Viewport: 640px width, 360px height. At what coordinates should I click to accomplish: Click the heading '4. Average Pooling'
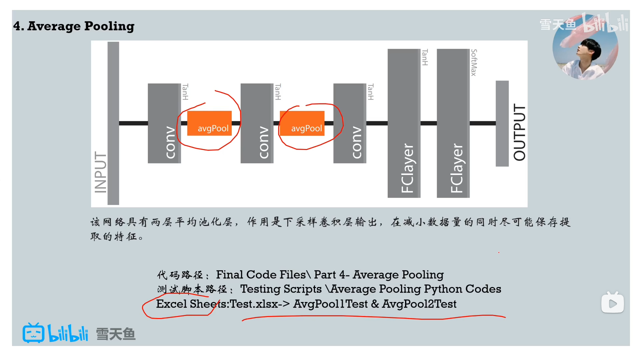(74, 26)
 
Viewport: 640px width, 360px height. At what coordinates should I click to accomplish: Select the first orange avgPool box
(209, 123)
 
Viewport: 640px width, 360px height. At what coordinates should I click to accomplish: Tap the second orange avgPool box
(302, 123)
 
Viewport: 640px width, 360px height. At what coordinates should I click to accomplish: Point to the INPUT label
(100, 172)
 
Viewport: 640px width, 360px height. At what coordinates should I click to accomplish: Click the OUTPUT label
(519, 132)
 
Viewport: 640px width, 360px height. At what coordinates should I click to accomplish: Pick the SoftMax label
(474, 62)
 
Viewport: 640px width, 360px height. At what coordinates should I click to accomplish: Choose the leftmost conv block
(164, 123)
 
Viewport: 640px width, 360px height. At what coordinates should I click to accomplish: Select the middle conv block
(257, 123)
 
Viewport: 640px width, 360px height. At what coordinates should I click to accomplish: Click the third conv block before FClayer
(349, 123)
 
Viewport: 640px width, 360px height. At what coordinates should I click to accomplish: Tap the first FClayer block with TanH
(404, 123)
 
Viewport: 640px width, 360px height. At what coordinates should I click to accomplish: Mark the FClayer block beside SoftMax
(453, 123)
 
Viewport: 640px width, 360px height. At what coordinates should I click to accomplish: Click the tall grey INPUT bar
(113, 123)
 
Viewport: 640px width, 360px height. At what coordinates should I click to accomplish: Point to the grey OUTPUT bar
(502, 123)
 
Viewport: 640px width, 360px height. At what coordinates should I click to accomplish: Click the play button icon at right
(612, 303)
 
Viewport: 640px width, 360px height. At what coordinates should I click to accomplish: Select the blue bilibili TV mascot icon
(33, 333)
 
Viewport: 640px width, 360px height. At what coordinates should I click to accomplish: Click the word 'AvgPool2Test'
(419, 304)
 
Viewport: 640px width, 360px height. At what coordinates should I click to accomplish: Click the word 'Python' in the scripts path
(443, 289)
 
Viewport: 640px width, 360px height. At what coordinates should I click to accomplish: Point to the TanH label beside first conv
(185, 92)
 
